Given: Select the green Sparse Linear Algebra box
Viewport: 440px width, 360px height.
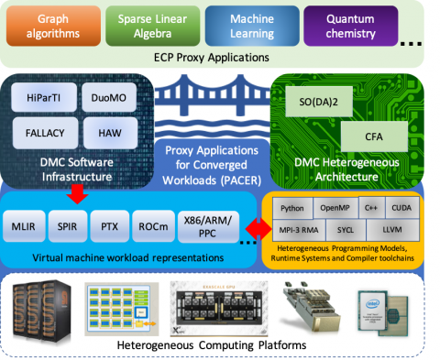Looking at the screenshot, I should [147, 27].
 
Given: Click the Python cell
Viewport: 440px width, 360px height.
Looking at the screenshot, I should [291, 208].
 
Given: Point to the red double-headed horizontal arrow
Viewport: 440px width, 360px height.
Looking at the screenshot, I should [258, 225].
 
